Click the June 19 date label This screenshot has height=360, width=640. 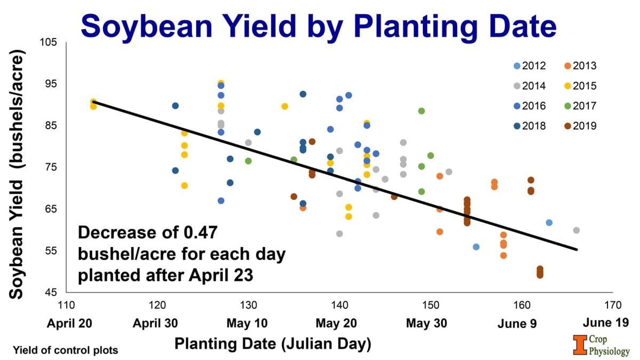[x=605, y=322]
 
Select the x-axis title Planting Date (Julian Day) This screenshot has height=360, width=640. [x=272, y=344]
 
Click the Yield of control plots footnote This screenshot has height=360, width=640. [x=65, y=350]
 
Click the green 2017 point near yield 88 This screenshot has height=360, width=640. [x=421, y=111]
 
